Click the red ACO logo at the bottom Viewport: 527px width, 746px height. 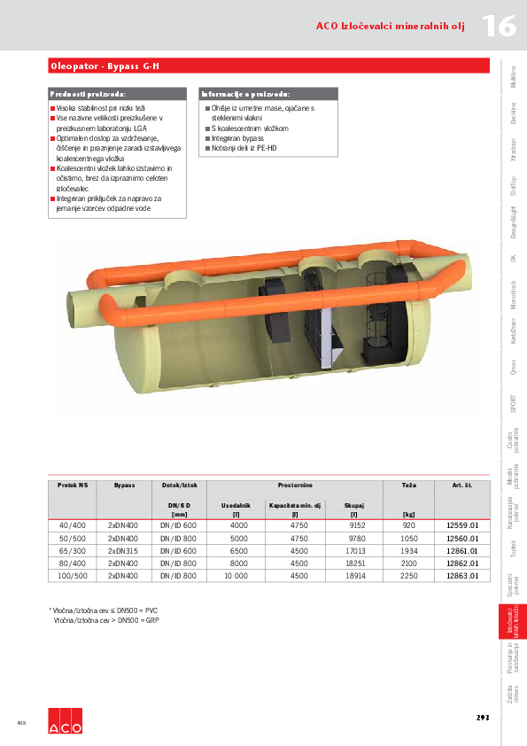65,721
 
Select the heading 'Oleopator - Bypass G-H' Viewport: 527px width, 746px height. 105,66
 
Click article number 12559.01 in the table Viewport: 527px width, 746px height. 462,525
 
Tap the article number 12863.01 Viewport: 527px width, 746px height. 462,575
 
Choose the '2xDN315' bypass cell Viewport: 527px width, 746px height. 124,550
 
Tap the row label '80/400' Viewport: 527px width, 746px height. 73,563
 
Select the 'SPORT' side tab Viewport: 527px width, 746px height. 514,404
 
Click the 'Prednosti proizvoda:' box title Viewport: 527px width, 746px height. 88,93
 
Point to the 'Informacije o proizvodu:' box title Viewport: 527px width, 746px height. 245,93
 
